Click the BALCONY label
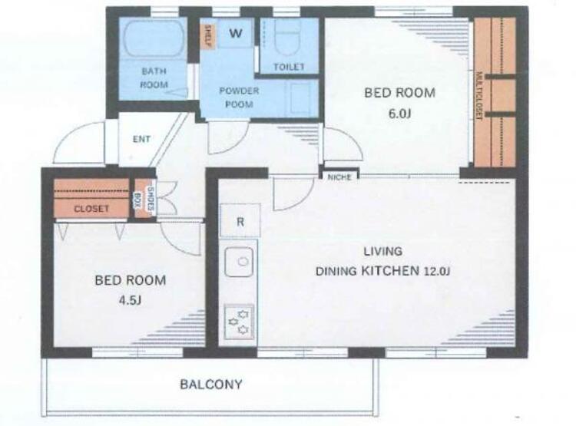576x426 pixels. click(x=211, y=385)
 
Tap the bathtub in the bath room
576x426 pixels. click(x=154, y=38)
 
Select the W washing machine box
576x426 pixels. click(x=236, y=34)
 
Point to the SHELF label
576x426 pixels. click(x=207, y=36)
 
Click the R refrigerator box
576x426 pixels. click(x=240, y=221)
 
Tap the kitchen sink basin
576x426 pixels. click(x=239, y=262)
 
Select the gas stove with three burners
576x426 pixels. click(x=239, y=322)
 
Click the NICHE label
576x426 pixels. click(x=339, y=177)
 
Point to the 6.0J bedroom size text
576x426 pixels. click(x=399, y=114)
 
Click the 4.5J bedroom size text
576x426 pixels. click(x=130, y=300)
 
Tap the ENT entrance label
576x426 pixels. click(x=141, y=139)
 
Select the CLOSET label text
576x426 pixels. click(x=91, y=209)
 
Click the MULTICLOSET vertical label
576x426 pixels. click(x=478, y=96)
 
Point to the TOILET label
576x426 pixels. click(x=289, y=67)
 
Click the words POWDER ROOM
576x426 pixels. click(x=239, y=97)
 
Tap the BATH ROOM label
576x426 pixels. click(x=154, y=78)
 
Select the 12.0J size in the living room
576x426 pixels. click(x=437, y=272)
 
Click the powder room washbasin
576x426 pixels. click(x=300, y=98)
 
